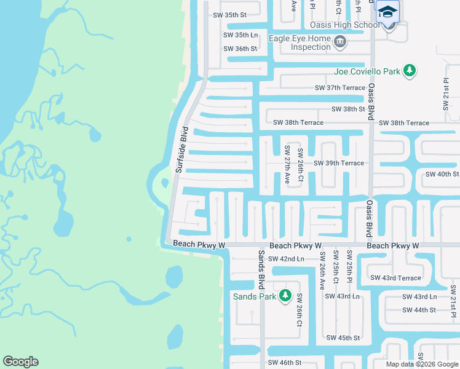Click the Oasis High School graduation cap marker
coord(388,12)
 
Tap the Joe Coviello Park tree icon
coord(410,71)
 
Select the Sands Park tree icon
coord(285,296)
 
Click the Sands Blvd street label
coord(261,269)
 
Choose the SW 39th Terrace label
coord(338,164)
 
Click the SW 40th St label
coord(438,174)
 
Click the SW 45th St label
coord(343,338)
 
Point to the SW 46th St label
coord(285,363)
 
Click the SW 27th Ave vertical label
coord(287,165)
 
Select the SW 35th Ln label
coord(240,35)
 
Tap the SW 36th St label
coord(240,49)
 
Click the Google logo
coord(20,362)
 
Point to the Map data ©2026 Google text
coord(421,364)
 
